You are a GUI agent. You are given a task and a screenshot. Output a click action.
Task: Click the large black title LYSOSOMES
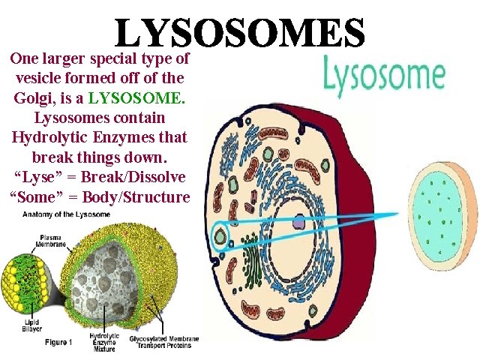click(x=240, y=31)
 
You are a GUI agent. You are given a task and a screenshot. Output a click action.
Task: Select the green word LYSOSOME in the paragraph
click(x=135, y=98)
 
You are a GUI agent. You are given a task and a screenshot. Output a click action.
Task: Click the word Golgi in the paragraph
click(x=33, y=98)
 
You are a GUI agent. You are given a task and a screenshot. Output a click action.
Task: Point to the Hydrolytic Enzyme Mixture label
click(x=105, y=341)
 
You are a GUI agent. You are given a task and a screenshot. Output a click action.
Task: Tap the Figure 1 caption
click(x=57, y=341)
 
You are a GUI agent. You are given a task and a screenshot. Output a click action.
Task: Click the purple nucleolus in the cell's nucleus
click(x=298, y=222)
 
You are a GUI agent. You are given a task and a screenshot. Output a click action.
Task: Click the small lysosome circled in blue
click(x=220, y=238)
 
